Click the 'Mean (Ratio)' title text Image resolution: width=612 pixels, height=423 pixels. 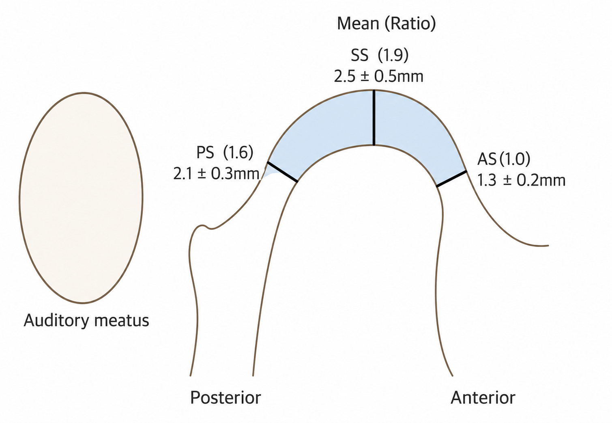[x=387, y=24]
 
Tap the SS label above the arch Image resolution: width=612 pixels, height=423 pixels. [x=360, y=56]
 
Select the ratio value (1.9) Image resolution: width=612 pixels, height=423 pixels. [x=393, y=56]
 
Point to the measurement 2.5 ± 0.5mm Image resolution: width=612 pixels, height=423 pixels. [x=378, y=76]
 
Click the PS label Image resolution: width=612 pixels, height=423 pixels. [x=205, y=153]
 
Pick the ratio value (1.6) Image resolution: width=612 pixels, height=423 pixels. [x=238, y=153]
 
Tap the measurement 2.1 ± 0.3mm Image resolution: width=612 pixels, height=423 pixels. [x=216, y=173]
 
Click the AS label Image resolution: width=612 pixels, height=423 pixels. [x=487, y=160]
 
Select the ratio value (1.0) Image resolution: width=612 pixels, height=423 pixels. [x=515, y=160]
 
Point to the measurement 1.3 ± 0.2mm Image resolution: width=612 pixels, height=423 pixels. [x=521, y=181]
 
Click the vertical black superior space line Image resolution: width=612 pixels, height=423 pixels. [x=374, y=118]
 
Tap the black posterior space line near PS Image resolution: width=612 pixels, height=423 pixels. [x=282, y=172]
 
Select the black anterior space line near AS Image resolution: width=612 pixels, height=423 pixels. [x=451, y=179]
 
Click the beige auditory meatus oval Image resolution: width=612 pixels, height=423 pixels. [x=81, y=198]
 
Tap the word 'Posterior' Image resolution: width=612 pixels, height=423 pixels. [x=225, y=397]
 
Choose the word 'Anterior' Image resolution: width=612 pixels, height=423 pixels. [x=483, y=397]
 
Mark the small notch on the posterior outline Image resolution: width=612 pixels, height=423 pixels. [x=207, y=227]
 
